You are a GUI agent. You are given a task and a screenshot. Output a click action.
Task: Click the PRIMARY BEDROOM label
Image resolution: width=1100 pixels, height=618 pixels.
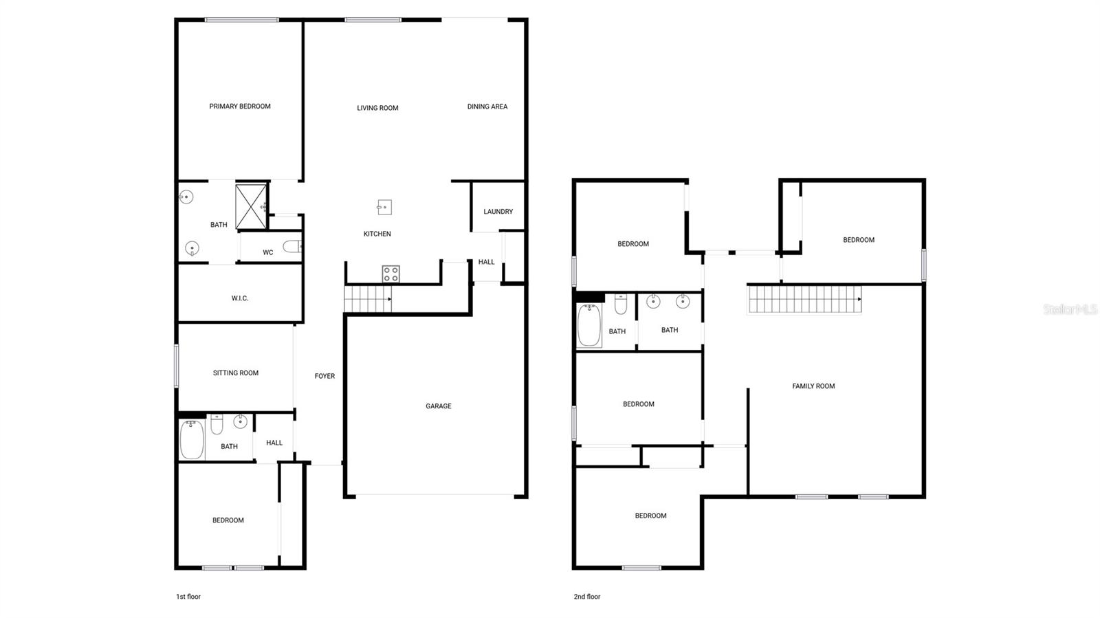click(240, 107)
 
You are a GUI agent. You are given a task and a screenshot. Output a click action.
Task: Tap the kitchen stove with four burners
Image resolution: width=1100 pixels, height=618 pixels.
click(390, 274)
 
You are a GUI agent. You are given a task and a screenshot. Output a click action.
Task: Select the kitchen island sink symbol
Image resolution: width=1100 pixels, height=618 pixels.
click(384, 207)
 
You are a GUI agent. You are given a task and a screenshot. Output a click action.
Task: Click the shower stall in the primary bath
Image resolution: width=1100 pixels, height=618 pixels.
click(251, 206)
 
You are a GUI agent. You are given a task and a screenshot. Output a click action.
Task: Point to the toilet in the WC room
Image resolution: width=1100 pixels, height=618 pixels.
click(292, 246)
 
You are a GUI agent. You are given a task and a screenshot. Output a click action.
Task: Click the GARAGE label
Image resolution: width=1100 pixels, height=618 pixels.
click(438, 406)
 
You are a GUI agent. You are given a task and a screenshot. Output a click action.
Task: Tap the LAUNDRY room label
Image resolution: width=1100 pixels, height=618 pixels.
click(498, 212)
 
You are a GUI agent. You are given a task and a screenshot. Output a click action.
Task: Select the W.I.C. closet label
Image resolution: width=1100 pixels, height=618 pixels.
click(240, 298)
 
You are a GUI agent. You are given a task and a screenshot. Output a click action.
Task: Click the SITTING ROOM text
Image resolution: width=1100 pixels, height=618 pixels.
click(236, 373)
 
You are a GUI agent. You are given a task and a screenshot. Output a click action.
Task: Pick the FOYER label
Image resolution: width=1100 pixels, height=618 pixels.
click(324, 376)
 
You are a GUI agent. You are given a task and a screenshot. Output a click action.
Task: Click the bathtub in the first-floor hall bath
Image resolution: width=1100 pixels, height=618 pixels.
click(192, 440)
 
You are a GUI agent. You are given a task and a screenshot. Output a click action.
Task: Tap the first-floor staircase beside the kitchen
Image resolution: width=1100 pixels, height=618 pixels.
click(368, 299)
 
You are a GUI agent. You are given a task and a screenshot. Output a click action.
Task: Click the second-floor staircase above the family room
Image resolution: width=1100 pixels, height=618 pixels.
click(804, 300)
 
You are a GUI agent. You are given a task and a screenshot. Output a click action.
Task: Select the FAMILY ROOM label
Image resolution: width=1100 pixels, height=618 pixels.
click(813, 386)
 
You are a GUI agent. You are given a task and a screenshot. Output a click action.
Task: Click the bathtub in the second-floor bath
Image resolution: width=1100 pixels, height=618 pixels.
click(589, 326)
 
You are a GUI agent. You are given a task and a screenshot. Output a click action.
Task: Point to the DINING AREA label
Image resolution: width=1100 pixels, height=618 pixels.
click(487, 107)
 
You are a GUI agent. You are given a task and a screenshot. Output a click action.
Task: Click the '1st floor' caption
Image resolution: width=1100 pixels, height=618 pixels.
click(188, 597)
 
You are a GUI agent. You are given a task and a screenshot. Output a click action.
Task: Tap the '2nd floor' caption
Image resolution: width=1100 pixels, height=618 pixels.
click(587, 597)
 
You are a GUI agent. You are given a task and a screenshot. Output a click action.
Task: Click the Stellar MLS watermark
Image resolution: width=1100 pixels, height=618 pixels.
click(1070, 310)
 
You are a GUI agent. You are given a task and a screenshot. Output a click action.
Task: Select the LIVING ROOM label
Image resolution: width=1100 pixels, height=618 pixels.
click(377, 108)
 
